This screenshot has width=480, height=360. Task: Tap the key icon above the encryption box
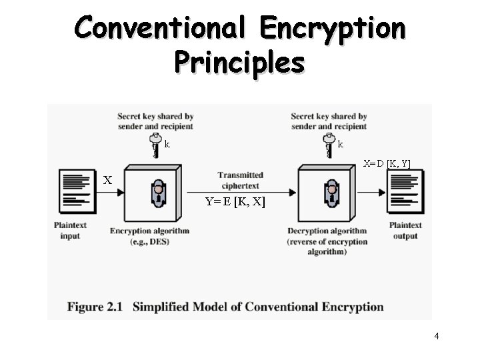click(x=155, y=145)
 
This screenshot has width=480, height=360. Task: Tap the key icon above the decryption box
click(x=328, y=145)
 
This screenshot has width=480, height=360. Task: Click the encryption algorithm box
click(x=153, y=195)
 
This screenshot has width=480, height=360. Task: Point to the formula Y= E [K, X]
click(x=235, y=201)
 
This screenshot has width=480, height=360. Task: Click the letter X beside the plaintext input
click(x=107, y=180)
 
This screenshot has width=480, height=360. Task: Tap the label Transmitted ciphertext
click(x=239, y=180)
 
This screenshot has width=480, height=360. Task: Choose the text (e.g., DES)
click(x=149, y=241)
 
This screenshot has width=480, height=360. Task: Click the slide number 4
click(x=436, y=336)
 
